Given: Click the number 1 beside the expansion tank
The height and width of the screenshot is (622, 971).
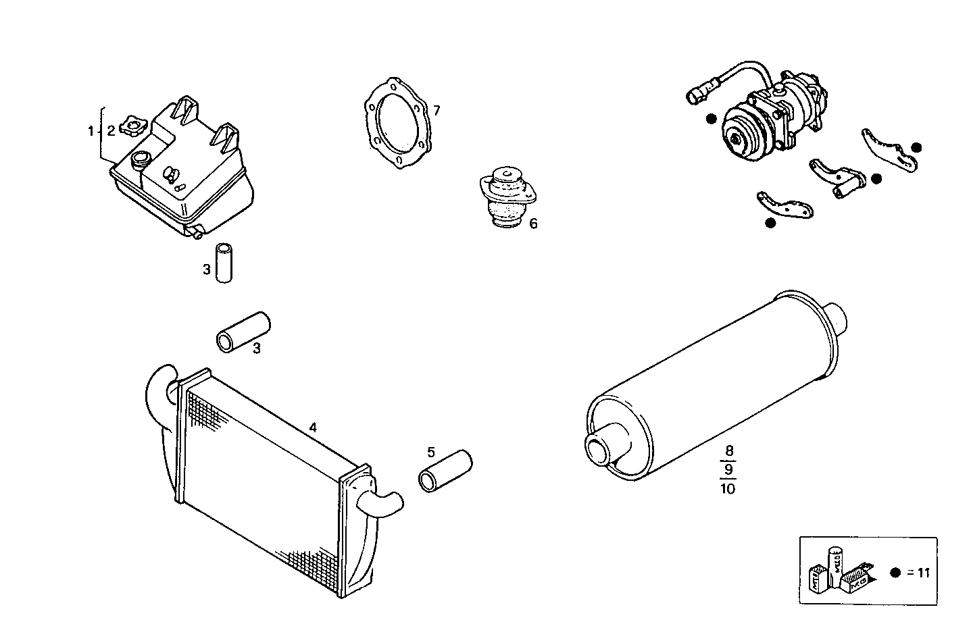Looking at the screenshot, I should pos(91,131).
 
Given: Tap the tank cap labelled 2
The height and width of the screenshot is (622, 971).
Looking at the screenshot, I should pos(132,126).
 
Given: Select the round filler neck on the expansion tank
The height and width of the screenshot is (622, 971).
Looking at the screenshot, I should pos(142,160).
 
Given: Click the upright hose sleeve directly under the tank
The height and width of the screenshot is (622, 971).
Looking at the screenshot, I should pos(223,263).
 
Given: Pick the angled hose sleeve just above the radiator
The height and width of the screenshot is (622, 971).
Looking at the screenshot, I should pos(243,331).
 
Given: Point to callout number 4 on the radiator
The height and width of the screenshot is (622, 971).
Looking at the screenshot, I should pos(313,427).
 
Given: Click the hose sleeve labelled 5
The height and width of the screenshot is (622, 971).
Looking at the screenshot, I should pos(445,470).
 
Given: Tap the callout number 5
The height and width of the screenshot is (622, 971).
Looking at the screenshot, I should pos(430,452).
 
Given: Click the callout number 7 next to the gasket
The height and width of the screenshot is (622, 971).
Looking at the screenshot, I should pos(437,110).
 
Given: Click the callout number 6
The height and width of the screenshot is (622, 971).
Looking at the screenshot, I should pos(533,224).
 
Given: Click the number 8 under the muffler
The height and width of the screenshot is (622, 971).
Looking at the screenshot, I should pos(728,450).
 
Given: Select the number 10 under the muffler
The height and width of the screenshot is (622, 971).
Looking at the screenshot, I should pos(728,488).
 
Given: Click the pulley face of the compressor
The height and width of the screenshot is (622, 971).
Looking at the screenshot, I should pos(742,134).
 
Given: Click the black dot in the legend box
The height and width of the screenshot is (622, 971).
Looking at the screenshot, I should pos(895,573).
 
